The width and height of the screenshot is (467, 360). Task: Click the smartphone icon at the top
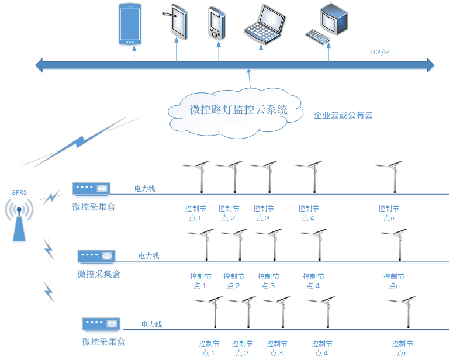(x=130, y=25)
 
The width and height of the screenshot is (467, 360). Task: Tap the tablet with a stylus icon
(x=178, y=23)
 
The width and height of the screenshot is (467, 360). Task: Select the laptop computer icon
(x=265, y=24)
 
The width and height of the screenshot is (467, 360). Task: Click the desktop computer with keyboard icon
(x=328, y=23)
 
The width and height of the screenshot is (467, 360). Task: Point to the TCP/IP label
(x=379, y=53)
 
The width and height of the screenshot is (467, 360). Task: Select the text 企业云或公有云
(x=344, y=116)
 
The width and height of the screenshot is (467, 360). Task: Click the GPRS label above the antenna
(x=19, y=192)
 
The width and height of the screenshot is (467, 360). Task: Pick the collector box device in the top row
(x=91, y=189)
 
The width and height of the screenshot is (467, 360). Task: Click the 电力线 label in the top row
(x=145, y=189)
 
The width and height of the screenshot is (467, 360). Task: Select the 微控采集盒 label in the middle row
(x=99, y=274)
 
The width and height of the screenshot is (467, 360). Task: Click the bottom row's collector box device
(x=101, y=324)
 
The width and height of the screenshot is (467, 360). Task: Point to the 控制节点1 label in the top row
(x=195, y=213)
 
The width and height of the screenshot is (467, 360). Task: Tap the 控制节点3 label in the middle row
(x=268, y=281)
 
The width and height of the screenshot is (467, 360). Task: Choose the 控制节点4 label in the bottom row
(x=322, y=348)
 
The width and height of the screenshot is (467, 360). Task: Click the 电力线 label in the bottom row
(x=152, y=324)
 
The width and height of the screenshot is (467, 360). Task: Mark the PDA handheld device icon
(x=215, y=23)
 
